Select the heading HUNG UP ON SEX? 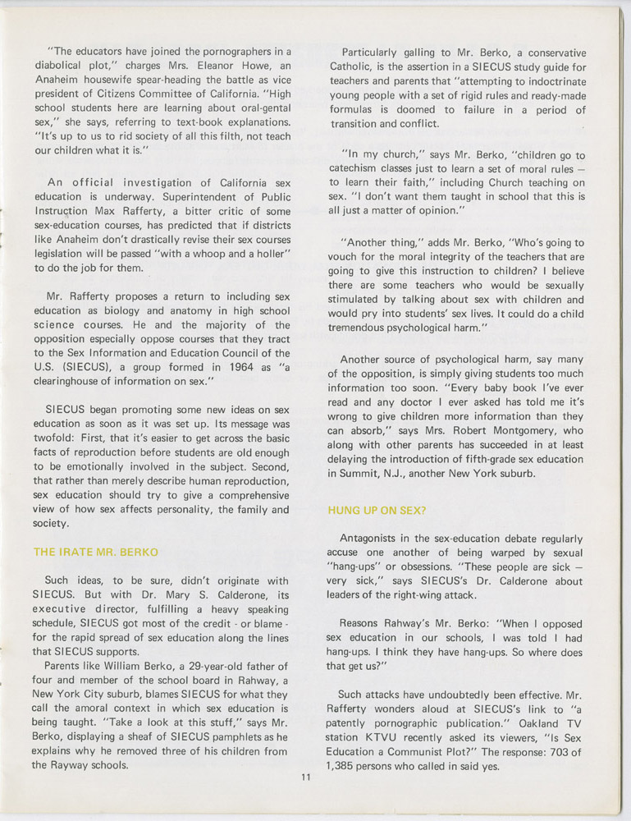377,510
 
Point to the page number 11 304,778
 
